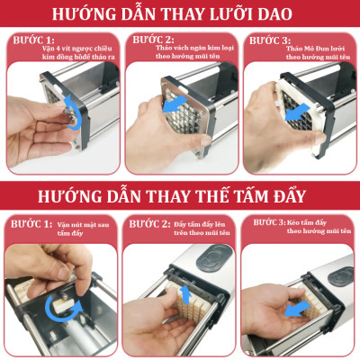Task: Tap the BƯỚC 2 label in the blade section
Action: pos(151,41)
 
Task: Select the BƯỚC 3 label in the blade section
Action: pos(268,41)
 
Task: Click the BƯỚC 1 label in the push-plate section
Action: pos(30,223)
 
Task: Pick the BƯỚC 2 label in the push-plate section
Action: pos(149,223)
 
